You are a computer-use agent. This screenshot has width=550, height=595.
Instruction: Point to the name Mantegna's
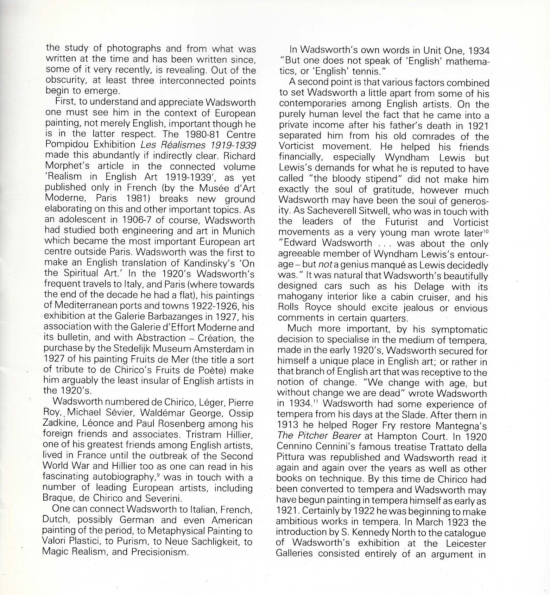pos(461,426)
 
